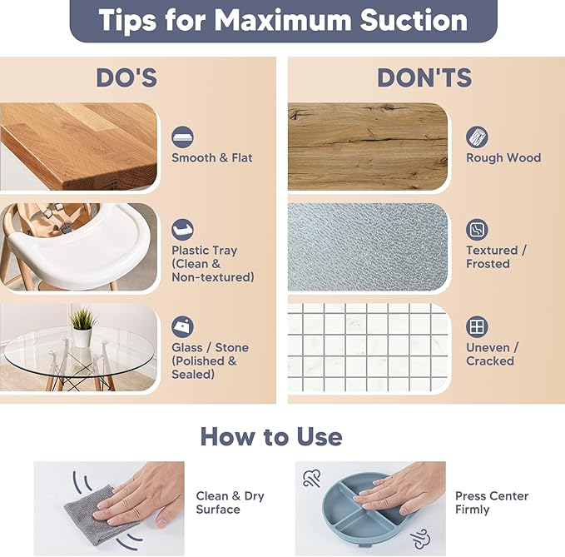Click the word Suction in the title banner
pyautogui.click(x=414, y=20)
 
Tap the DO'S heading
pyautogui.click(x=126, y=77)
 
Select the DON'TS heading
pyautogui.click(x=424, y=77)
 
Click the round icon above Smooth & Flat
pyautogui.click(x=182, y=137)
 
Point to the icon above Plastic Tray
pyautogui.click(x=182, y=230)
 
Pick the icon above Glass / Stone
pyautogui.click(x=182, y=327)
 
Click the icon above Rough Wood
pyautogui.click(x=477, y=137)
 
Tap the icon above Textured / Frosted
pyautogui.click(x=477, y=230)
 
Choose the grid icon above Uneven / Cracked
pyautogui.click(x=477, y=327)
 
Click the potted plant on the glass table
pyautogui.click(x=82, y=327)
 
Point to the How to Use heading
pyautogui.click(x=271, y=436)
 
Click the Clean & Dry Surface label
pyautogui.click(x=230, y=503)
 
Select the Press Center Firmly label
pyautogui.click(x=492, y=503)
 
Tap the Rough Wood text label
pyautogui.click(x=503, y=158)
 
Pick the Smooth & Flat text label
pyautogui.click(x=212, y=158)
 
